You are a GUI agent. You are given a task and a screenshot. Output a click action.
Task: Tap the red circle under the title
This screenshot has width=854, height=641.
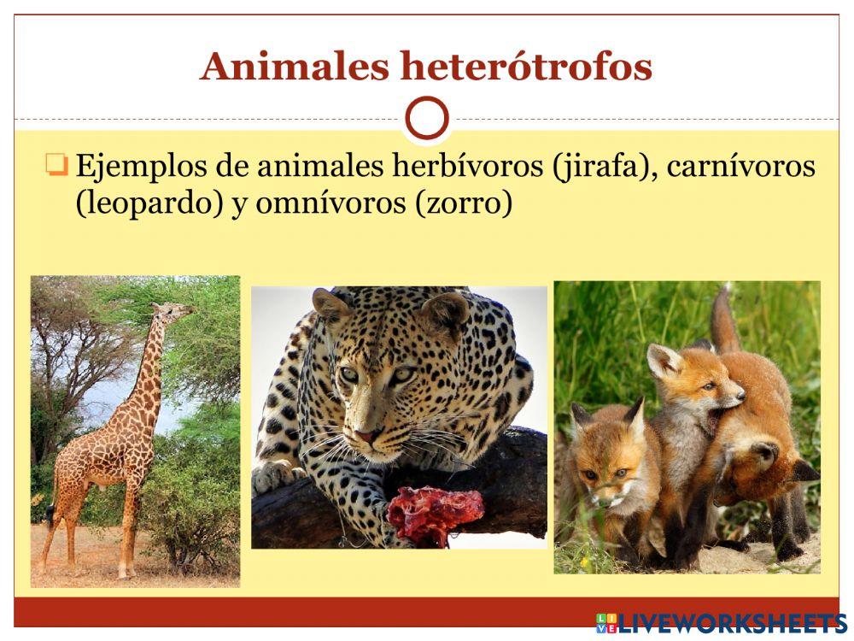click(x=427, y=118)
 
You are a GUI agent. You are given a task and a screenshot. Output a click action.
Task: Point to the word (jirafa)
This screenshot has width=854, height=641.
click(x=599, y=167)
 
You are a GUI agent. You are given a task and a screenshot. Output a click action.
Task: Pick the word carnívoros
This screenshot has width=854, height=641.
click(x=740, y=166)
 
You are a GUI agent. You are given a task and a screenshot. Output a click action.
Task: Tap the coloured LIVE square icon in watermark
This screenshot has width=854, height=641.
click(x=605, y=623)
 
